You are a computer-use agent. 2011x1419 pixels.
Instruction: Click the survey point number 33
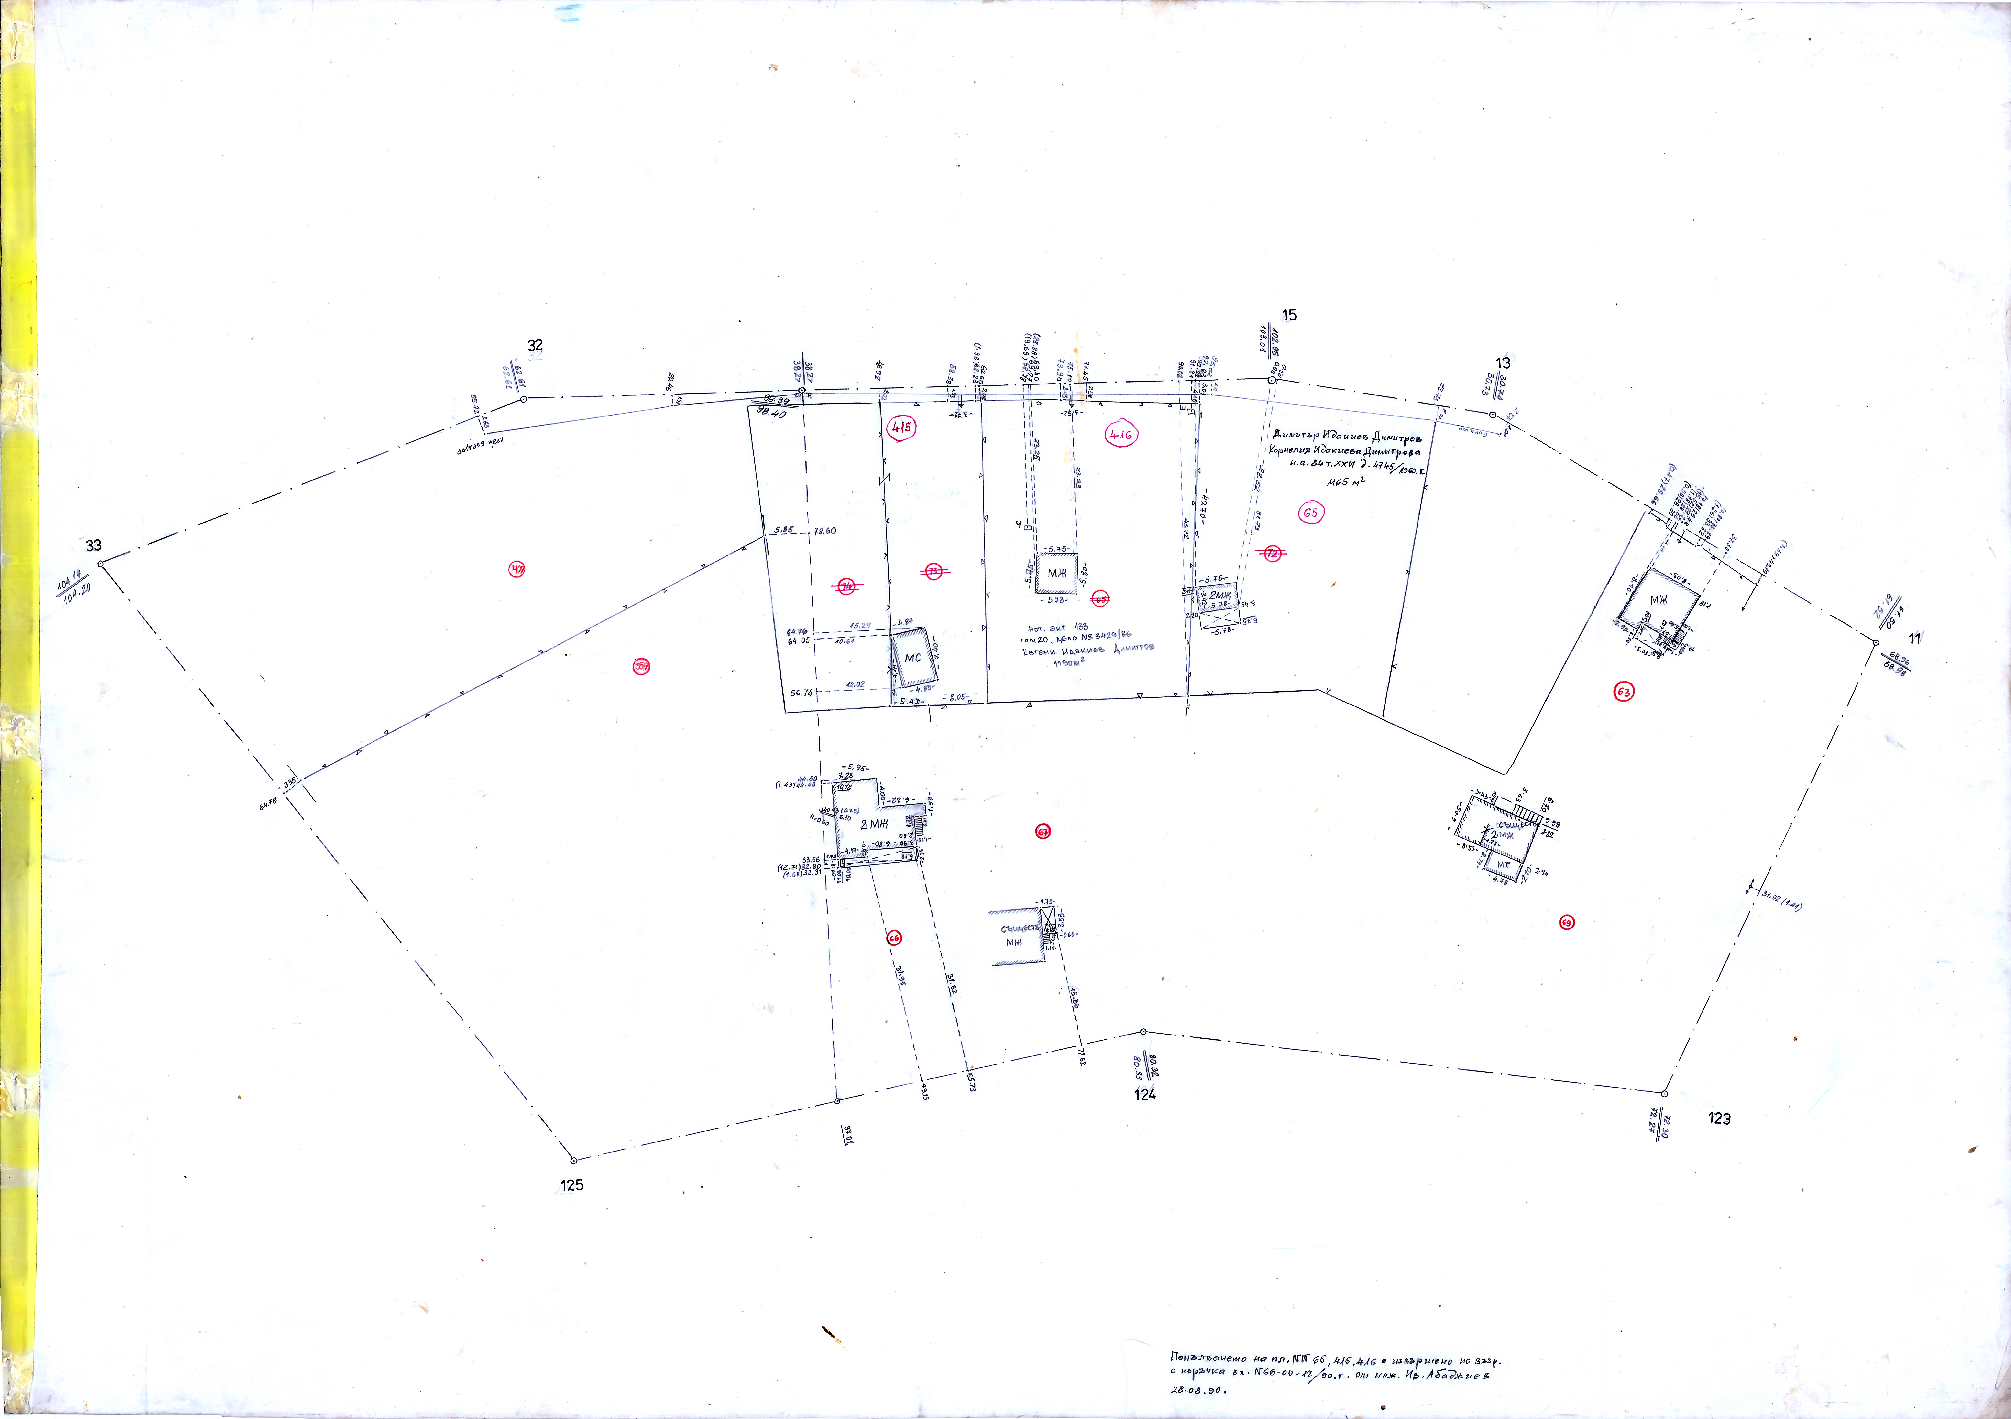[93, 545]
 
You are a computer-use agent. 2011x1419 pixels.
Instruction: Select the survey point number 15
[1288, 315]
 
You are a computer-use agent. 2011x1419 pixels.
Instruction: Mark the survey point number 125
[571, 1185]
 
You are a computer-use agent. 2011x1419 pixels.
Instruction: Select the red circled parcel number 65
[1310, 513]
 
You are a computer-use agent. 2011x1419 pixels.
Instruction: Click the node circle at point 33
[101, 564]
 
